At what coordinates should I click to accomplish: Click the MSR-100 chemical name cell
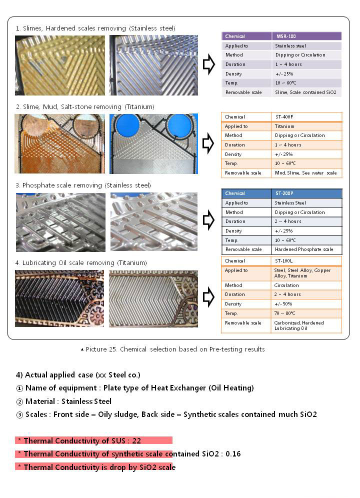point(285,36)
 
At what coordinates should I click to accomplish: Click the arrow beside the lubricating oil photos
point(208,296)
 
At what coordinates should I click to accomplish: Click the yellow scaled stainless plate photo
point(60,65)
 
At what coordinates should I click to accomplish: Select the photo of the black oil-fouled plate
point(59,298)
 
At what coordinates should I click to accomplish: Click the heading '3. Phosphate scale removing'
point(83,185)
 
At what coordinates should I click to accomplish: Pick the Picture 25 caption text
point(175,349)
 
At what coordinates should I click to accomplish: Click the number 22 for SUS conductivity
point(137,440)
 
